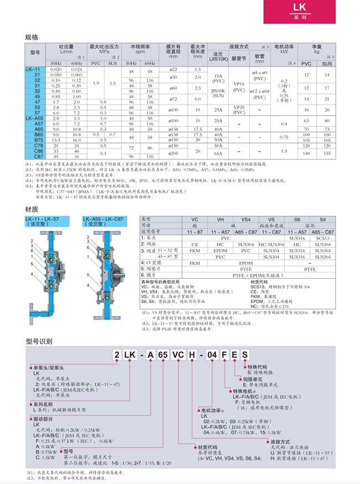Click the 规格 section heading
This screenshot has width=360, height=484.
point(32,37)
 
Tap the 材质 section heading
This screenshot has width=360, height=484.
point(32,210)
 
